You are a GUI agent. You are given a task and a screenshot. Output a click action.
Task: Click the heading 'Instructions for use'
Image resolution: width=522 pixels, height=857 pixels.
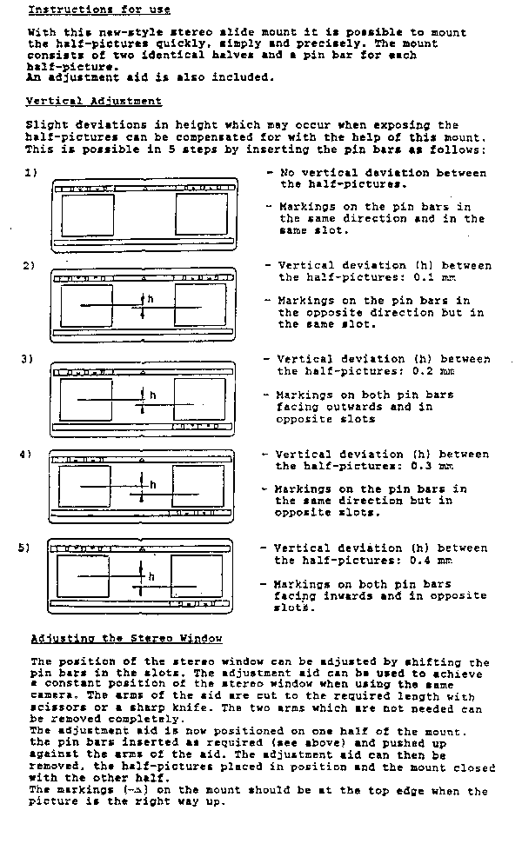[99, 10]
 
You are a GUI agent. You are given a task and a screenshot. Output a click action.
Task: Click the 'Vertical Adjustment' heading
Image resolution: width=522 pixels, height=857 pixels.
[94, 101]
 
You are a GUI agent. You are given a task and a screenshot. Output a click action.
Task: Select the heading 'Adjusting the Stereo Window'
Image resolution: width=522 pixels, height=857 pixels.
[127, 638]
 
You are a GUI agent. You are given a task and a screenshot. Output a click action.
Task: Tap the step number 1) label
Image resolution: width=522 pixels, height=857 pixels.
[30, 173]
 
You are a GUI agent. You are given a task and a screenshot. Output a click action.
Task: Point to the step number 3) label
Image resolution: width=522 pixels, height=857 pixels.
[27, 359]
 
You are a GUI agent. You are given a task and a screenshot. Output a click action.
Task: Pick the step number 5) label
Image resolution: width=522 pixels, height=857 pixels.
[24, 548]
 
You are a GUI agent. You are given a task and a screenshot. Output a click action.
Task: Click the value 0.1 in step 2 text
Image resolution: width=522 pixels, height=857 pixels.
[424, 277]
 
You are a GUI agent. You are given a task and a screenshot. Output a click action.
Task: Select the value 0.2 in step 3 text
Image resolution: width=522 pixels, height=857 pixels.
[423, 371]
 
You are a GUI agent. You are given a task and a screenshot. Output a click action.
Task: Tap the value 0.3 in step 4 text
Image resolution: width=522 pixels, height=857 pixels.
[421, 466]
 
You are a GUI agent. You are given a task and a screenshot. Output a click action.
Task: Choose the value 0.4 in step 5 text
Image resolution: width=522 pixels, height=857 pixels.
[419, 561]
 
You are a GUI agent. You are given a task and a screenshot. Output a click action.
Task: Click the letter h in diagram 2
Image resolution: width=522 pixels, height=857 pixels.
[151, 299]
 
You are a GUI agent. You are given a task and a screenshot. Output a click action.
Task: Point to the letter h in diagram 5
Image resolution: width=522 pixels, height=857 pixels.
[151, 576]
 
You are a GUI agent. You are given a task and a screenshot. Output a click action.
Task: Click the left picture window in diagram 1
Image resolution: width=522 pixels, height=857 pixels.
[88, 216]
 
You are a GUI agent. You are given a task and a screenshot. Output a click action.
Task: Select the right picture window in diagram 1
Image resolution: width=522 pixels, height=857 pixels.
[201, 214]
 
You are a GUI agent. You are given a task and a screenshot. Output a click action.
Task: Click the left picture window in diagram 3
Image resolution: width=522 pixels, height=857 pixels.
[86, 400]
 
